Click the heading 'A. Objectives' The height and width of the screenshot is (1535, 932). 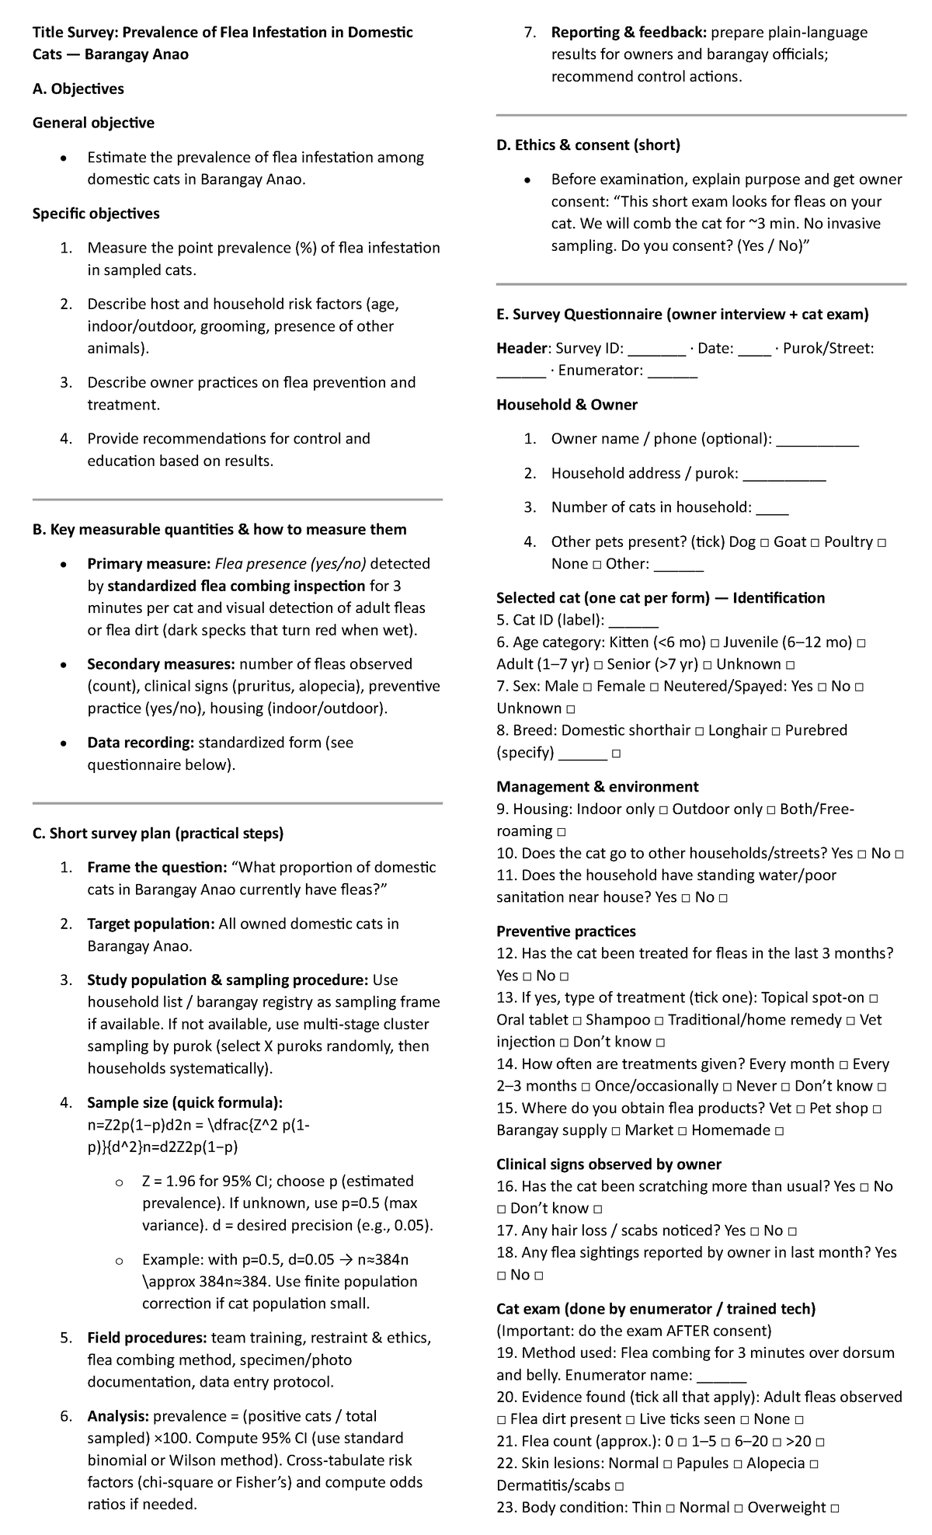pyautogui.click(x=78, y=89)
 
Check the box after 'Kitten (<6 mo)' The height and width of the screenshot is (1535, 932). pyautogui.click(x=715, y=643)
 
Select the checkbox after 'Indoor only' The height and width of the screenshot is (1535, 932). pyautogui.click(x=663, y=810)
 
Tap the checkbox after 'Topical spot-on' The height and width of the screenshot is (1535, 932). pyautogui.click(x=874, y=998)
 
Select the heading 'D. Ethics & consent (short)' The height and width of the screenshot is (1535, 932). pyautogui.click(x=588, y=144)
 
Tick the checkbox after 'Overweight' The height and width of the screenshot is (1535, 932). pyautogui.click(x=835, y=1509)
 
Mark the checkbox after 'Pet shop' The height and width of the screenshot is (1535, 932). pyautogui.click(x=877, y=1109)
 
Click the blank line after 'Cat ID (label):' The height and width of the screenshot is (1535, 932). pyautogui.click(x=634, y=621)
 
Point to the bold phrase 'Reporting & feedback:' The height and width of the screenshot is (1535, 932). pyautogui.click(x=628, y=33)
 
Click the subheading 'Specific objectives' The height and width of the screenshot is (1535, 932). pyautogui.click(x=96, y=214)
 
